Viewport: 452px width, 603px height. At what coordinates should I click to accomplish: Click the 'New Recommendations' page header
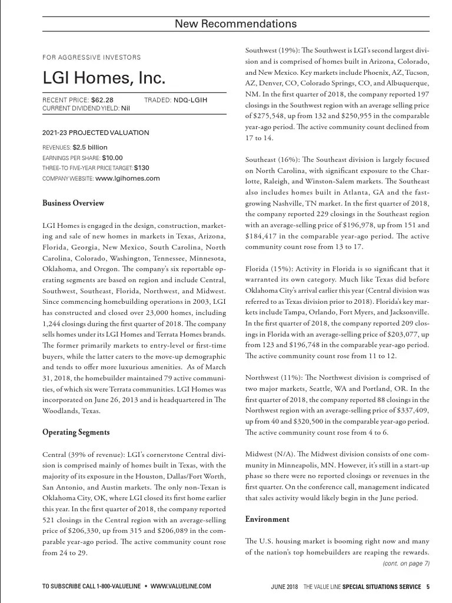pos(235,24)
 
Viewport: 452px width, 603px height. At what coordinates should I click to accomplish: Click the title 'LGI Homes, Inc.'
pos(104,78)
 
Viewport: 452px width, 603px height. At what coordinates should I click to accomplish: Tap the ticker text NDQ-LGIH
pos(190,100)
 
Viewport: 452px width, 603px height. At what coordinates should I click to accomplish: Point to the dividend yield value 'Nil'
pos(126,108)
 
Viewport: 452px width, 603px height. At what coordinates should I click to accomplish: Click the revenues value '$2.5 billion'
pos(89,147)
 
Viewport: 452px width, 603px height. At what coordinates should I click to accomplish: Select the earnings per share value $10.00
pos(112,158)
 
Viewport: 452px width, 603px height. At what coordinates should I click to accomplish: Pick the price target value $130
pos(141,168)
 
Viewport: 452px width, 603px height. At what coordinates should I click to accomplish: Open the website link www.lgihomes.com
pos(127,178)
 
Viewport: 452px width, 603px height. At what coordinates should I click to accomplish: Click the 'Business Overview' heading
pos(74,203)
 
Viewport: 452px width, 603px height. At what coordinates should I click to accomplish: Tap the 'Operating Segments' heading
pos(76,432)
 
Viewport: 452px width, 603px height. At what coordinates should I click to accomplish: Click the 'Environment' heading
pos(267,519)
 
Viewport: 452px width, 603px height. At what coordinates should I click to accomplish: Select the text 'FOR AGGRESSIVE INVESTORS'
pos(92,57)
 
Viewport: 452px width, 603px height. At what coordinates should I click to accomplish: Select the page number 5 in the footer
pos(428,587)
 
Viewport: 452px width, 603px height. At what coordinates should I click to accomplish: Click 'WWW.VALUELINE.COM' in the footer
pos(181,587)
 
